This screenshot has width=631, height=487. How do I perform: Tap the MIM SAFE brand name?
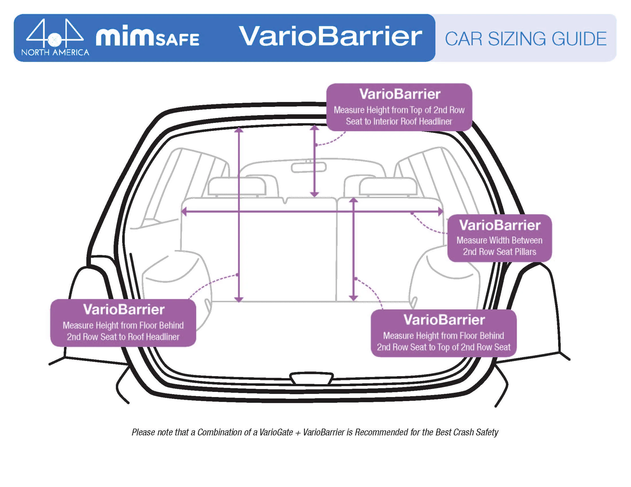(147, 36)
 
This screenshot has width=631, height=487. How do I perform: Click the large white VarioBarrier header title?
(330, 36)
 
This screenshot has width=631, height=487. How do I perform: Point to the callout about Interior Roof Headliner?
(399, 107)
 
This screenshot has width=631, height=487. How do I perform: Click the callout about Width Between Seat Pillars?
(499, 238)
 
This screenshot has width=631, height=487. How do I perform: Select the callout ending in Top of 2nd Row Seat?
(443, 333)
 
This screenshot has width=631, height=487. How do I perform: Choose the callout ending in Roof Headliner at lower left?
(123, 323)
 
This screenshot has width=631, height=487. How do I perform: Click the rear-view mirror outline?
(309, 167)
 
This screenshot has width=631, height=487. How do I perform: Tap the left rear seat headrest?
(237, 186)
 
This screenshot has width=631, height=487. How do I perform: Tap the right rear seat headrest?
(388, 186)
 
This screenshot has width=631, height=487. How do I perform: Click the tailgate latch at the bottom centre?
(311, 378)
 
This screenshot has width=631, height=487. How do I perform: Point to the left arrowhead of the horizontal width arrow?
(184, 211)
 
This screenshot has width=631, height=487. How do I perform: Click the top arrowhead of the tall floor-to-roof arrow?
(239, 129)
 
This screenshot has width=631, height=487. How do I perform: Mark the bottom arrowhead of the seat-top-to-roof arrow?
(314, 194)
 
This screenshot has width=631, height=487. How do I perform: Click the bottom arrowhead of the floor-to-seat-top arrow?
(353, 298)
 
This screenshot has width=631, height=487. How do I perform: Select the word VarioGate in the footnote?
(276, 432)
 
